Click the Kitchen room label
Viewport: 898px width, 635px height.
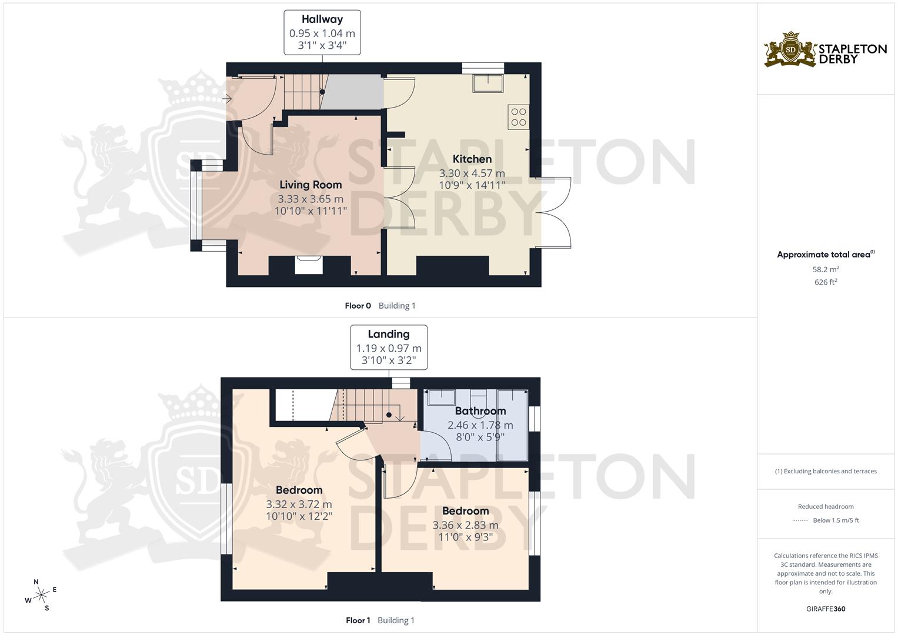pos(472,159)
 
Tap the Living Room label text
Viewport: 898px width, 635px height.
pos(311,185)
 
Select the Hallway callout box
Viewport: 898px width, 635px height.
pos(322,32)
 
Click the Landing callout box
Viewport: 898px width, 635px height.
pos(389,347)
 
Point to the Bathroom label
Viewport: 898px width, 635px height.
pos(480,411)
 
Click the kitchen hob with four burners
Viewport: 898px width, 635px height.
pos(519,117)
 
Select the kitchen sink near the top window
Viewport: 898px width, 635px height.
pos(488,83)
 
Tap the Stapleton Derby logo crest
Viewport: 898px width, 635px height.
pos(790,50)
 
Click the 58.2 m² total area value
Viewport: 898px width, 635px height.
pos(826,269)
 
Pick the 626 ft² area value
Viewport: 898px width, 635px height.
pos(826,282)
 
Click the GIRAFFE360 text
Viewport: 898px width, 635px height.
pos(826,609)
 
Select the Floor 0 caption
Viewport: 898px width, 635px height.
pos(358,306)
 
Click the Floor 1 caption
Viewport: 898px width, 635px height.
pos(358,620)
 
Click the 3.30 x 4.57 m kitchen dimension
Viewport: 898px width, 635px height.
pos(472,173)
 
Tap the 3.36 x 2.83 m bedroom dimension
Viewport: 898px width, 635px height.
pos(465,525)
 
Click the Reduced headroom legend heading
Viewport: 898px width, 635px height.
pos(826,506)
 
